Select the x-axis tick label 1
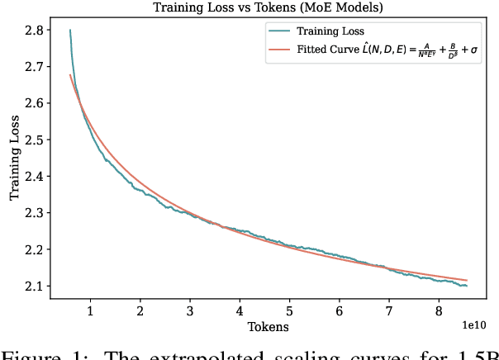tap(90, 310)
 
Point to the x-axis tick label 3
tap(190, 310)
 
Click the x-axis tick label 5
tap(289, 310)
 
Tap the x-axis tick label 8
tap(439, 310)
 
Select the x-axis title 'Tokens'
tap(269, 327)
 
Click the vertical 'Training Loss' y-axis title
tap(14, 157)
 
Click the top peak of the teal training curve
tap(69, 31)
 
